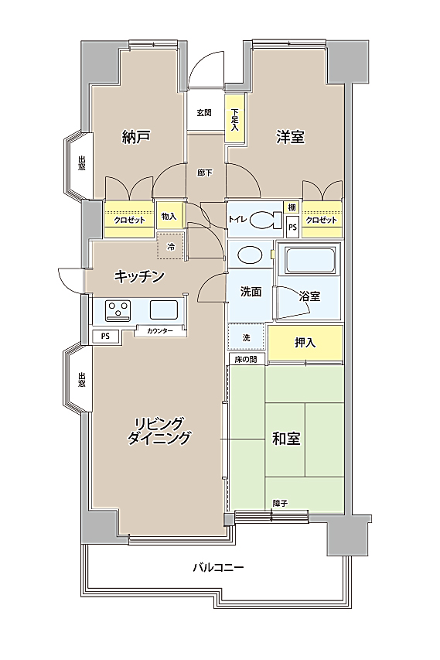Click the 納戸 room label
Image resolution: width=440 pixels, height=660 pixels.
(x=136, y=137)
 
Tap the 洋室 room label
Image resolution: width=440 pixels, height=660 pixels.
(x=290, y=137)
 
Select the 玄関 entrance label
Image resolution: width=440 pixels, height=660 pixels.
(x=204, y=113)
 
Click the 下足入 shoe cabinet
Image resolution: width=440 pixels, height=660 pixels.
(x=234, y=119)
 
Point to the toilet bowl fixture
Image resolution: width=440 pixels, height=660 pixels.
(x=266, y=219)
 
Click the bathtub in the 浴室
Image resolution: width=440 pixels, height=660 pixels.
(x=310, y=260)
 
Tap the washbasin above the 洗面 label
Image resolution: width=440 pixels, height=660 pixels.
(x=250, y=255)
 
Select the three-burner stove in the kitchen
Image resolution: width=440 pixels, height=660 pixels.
(x=119, y=309)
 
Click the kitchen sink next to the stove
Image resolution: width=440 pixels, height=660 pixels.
(x=164, y=310)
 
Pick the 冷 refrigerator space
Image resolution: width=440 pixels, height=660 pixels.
(x=171, y=246)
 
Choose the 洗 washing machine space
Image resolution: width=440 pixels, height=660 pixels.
(x=247, y=337)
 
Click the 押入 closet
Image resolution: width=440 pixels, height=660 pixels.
(x=305, y=343)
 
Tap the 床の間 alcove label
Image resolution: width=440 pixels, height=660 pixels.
(x=247, y=360)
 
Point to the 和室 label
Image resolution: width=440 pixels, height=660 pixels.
(x=286, y=439)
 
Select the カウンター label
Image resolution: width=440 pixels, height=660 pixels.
(x=160, y=331)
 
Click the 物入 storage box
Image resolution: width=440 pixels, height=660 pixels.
(x=169, y=216)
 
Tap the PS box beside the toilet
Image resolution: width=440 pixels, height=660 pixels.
(x=292, y=227)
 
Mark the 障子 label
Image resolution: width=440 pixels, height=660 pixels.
(x=280, y=503)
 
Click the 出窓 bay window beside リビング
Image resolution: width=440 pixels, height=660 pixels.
(x=79, y=378)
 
